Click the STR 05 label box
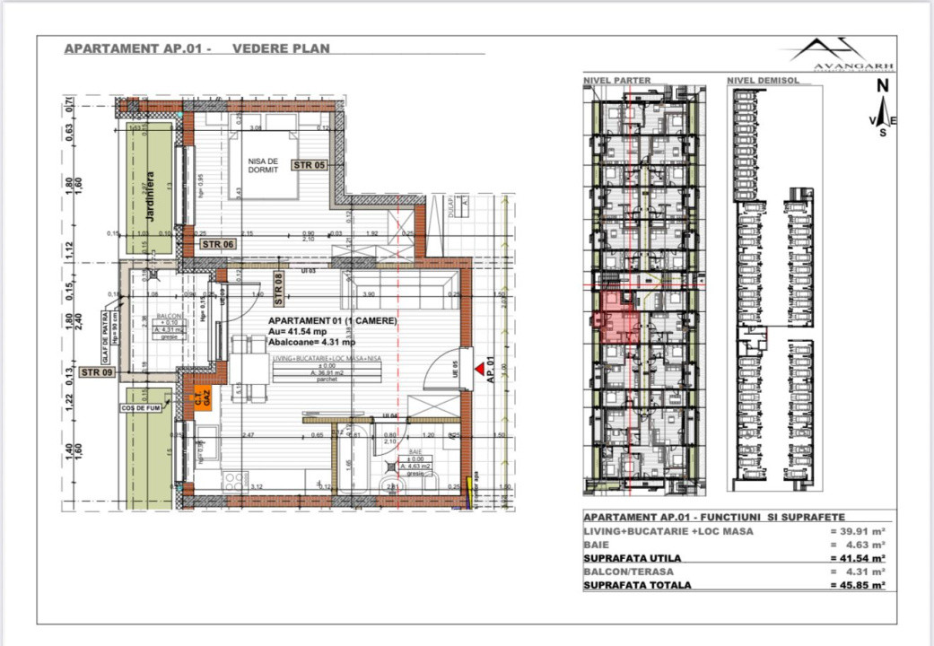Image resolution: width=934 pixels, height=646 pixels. tap(309, 164)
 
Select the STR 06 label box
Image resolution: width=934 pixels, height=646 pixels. tap(218, 244)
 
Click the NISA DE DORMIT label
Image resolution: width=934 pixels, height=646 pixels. tap(264, 163)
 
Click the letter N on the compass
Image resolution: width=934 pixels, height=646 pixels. tap(882, 86)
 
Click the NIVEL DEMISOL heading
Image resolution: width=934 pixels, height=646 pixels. tap(763, 80)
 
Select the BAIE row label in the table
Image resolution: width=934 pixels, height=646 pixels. tap(595, 545)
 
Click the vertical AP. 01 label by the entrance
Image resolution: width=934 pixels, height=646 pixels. tap(491, 373)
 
